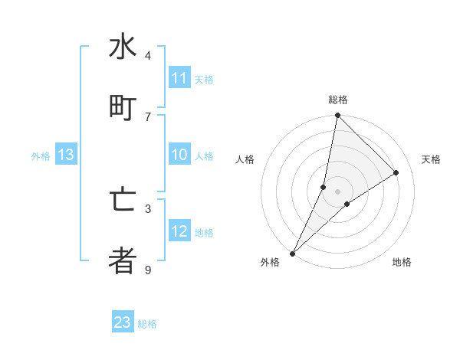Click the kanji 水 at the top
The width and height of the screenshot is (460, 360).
[x=123, y=47]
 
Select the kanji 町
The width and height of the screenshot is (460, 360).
[x=123, y=106]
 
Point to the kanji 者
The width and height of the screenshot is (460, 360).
[x=123, y=260]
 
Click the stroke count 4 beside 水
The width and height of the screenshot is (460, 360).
[x=148, y=56]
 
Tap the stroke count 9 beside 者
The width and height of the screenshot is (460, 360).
[x=148, y=270]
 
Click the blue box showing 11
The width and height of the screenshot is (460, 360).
[x=179, y=78]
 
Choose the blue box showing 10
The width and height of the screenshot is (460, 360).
[x=179, y=155]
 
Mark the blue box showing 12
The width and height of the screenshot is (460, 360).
[x=179, y=231]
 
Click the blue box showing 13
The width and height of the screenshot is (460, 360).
[x=66, y=155]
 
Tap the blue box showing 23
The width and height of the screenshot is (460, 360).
[x=123, y=322]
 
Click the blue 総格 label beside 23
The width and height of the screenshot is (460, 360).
[x=147, y=324]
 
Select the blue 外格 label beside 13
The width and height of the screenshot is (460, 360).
[x=41, y=156]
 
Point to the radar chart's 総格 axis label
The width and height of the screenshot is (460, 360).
[x=337, y=100]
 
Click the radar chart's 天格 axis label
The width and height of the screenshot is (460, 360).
[x=431, y=159]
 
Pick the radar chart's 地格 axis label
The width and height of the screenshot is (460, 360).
[x=402, y=263]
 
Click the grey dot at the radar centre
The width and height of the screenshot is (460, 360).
[x=337, y=191]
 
